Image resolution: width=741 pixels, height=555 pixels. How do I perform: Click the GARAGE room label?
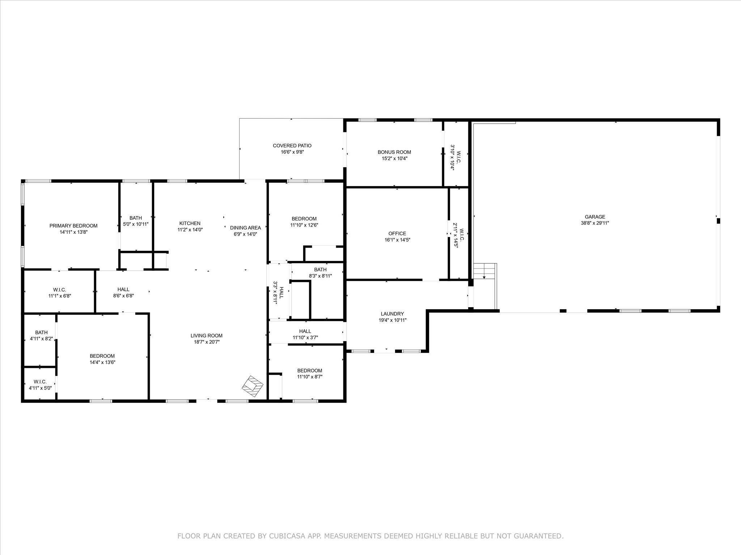coord(595,217)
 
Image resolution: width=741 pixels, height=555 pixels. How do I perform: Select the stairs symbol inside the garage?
coord(485,271)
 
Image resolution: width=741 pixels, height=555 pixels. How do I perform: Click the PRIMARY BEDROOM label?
coord(73,226)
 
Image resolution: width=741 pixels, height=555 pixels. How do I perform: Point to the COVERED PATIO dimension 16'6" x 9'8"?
coord(292,152)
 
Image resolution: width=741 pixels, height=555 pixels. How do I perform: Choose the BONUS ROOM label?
coord(394,152)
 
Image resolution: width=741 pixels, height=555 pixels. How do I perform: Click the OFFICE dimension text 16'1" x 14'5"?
coord(397,240)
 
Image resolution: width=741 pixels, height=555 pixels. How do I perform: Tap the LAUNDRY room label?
coord(392,314)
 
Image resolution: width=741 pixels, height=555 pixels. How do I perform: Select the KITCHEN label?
coord(190,223)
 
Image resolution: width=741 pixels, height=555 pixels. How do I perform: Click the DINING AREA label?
coord(245,228)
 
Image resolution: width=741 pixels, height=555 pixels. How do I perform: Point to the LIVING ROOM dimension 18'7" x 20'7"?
coord(207,342)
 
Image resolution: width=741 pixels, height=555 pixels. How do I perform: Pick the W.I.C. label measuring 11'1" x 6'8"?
coord(60,289)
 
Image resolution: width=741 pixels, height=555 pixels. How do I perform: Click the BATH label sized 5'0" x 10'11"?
coord(136,218)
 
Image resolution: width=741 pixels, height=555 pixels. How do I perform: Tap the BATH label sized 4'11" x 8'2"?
coord(41,332)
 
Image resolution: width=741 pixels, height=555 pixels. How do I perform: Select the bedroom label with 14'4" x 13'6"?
coord(102,356)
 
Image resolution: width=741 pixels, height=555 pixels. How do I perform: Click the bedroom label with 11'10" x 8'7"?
coord(310,370)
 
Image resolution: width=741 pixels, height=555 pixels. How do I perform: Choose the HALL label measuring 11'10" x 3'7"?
coord(305,331)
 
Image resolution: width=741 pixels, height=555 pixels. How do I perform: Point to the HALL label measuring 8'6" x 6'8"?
coord(123,289)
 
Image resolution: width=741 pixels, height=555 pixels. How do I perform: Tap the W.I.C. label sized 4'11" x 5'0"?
coord(40,382)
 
